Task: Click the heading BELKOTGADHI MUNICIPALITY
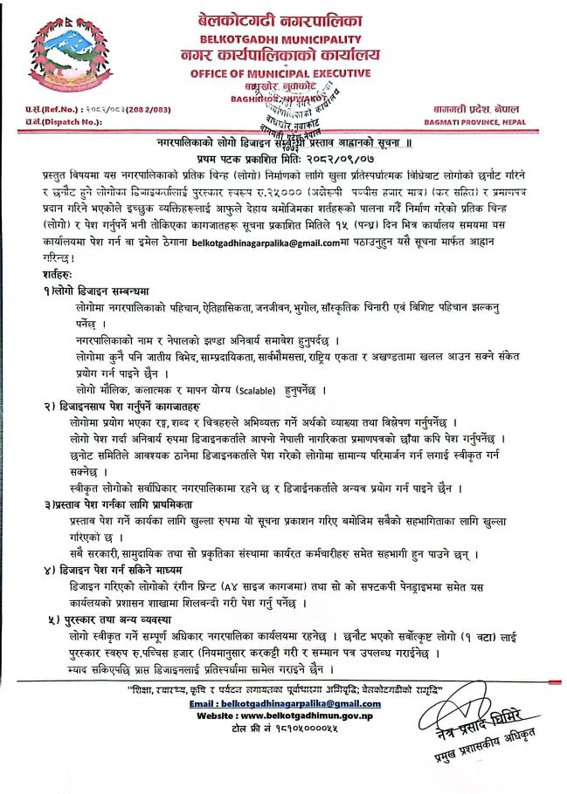click(x=283, y=40)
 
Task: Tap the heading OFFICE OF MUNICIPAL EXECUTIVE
click(x=284, y=75)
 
